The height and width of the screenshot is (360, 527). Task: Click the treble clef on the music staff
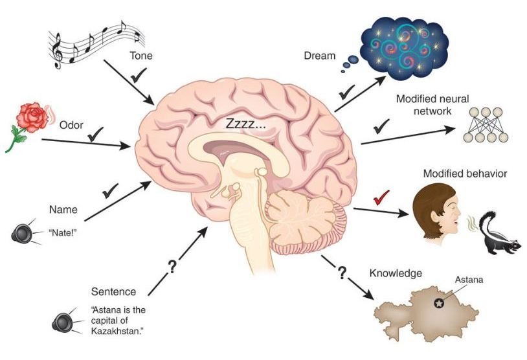[58, 51]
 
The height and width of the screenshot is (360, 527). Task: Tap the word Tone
[140, 56]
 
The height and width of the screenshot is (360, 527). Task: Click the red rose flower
[30, 117]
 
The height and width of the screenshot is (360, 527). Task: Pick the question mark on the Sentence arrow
[172, 266]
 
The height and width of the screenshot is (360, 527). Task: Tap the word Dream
[320, 56]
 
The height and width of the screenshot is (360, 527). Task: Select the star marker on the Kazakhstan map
[439, 302]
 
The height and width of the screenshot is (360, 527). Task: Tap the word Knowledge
[395, 273]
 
